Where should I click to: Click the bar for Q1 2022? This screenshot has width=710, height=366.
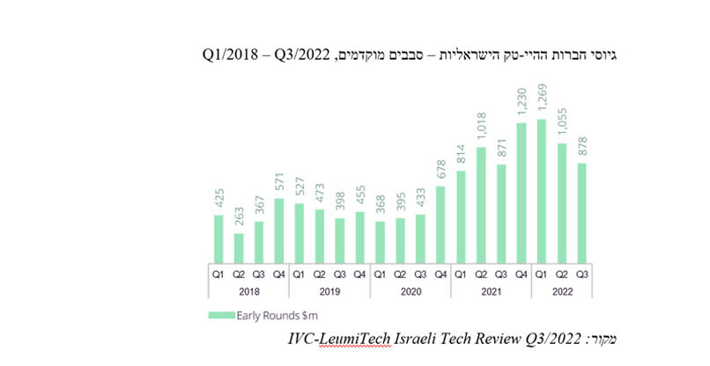click(x=541, y=189)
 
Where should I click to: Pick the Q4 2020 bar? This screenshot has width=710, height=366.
click(x=440, y=223)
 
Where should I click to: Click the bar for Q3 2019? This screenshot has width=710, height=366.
click(x=339, y=238)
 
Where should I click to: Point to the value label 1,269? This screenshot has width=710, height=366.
click(x=541, y=101)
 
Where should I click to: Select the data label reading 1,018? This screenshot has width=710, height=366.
click(x=480, y=128)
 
